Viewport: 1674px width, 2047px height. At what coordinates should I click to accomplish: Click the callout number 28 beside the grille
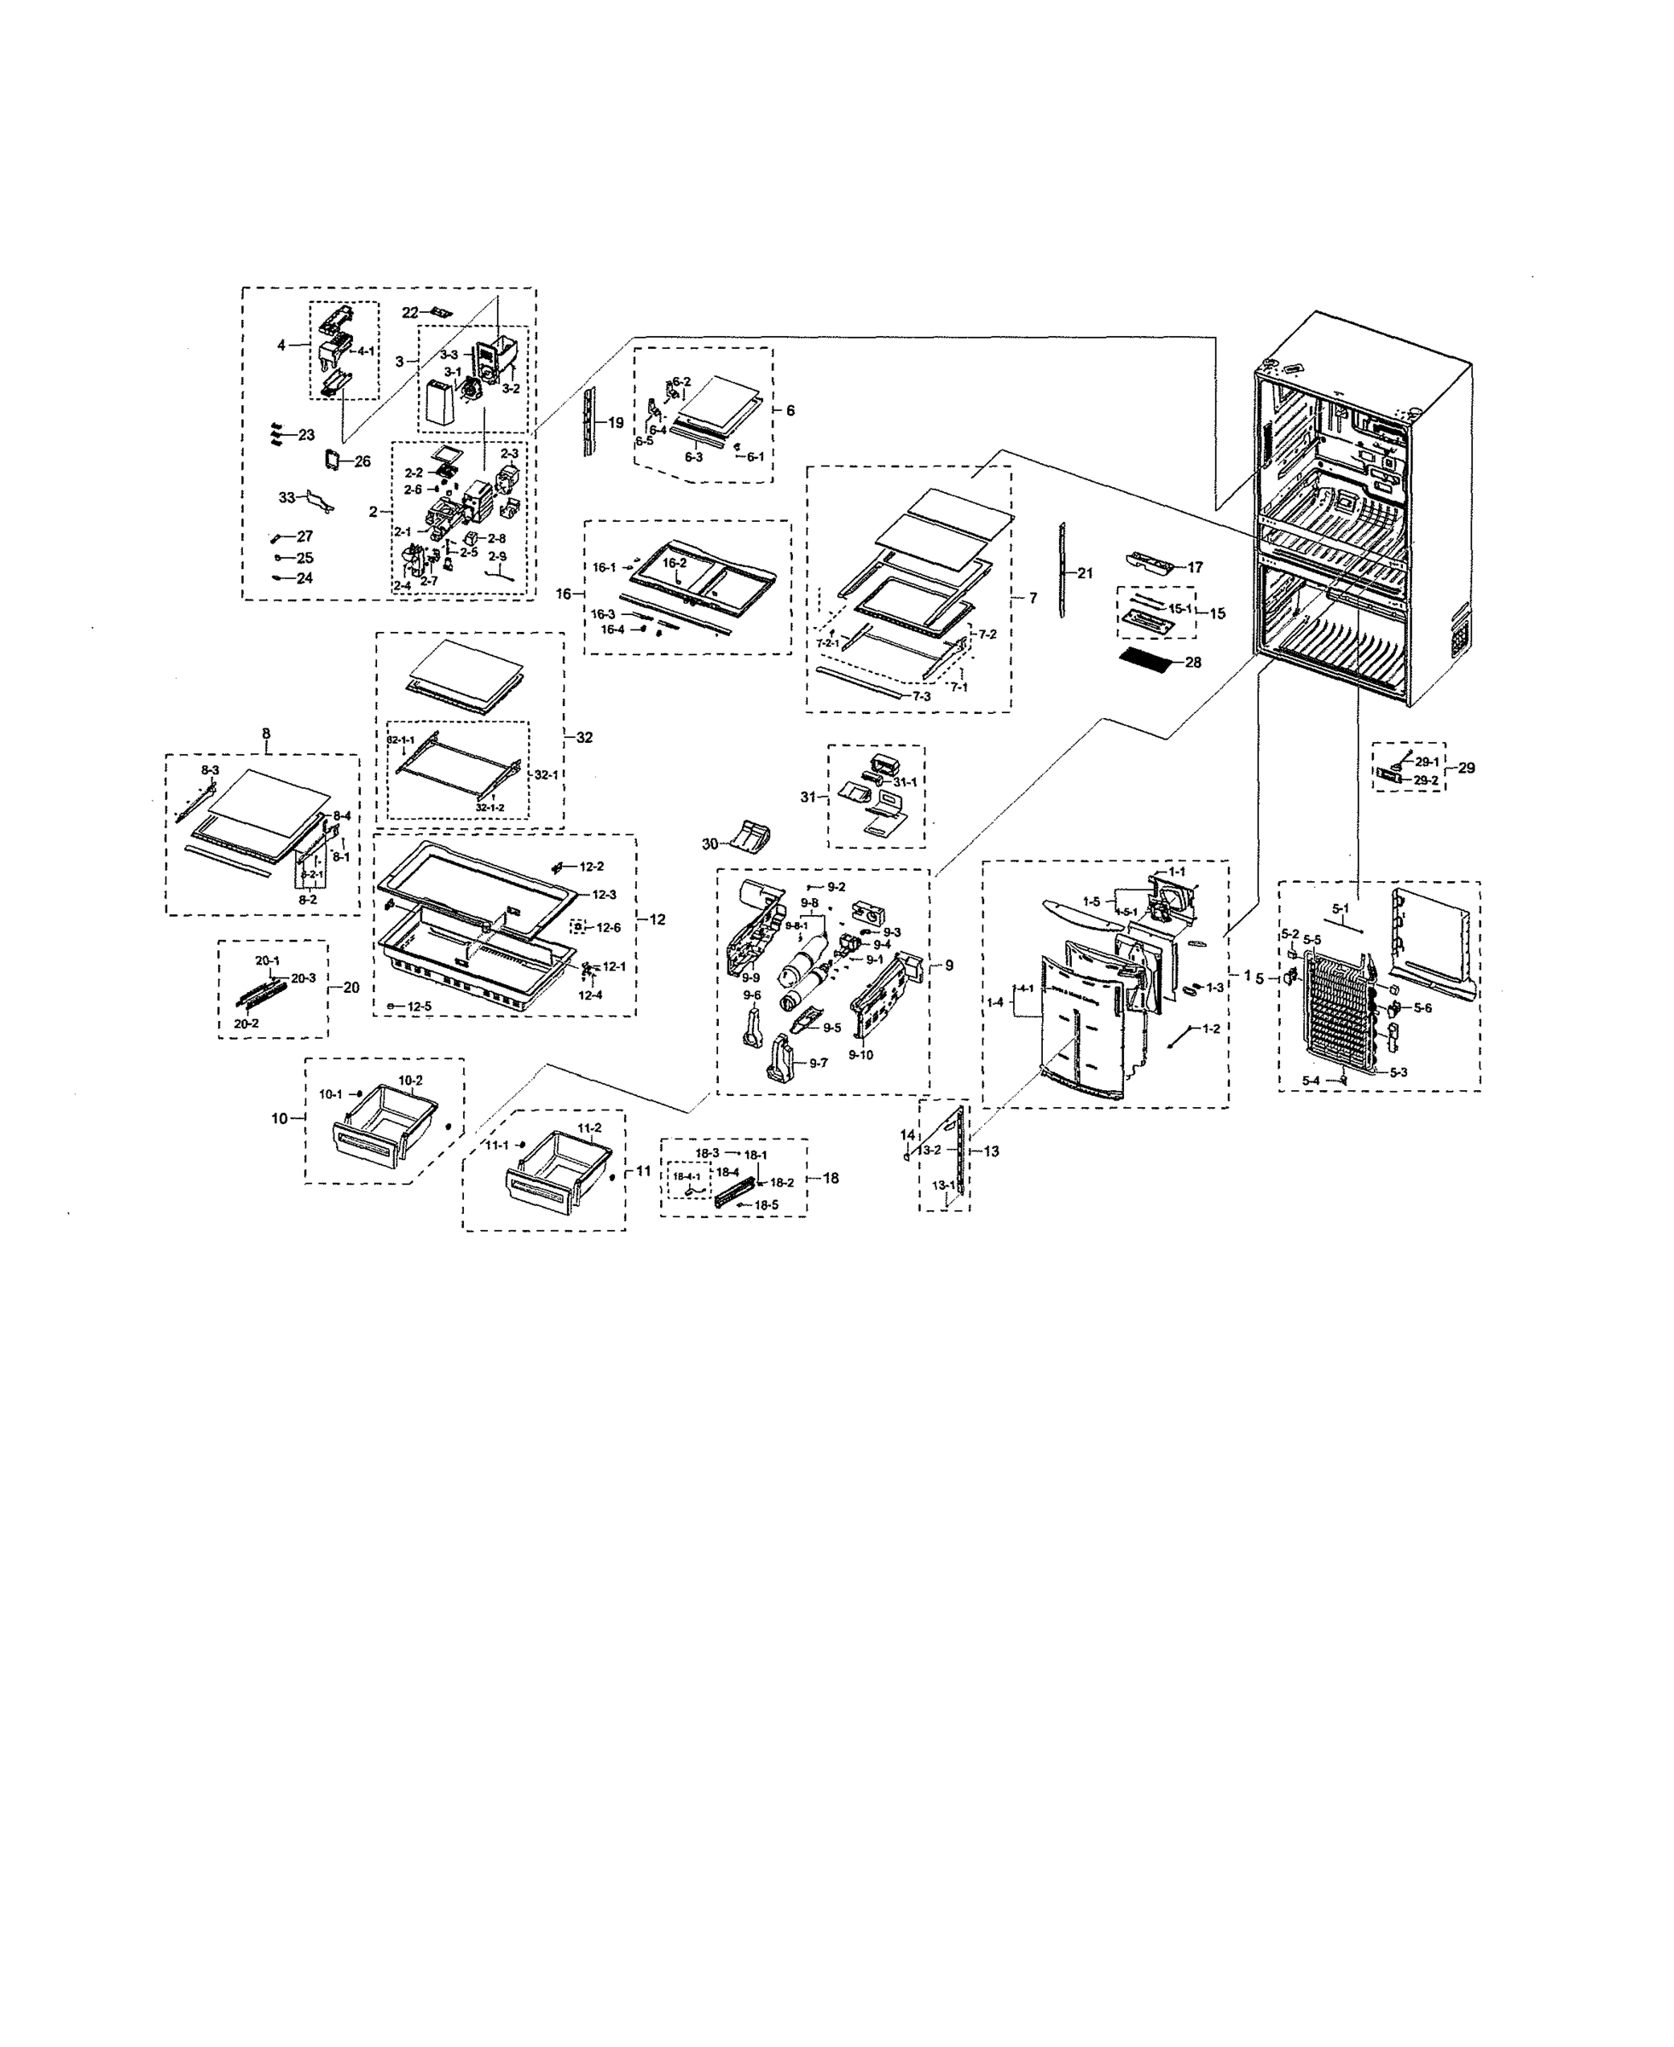[1193, 663]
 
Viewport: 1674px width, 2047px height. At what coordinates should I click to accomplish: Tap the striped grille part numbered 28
[1150, 659]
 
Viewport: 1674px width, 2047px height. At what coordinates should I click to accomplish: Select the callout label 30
[710, 844]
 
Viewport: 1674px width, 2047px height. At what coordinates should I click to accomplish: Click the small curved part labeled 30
[750, 836]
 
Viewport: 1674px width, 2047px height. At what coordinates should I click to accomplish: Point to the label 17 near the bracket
[1195, 567]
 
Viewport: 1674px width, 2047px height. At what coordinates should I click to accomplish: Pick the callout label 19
[615, 422]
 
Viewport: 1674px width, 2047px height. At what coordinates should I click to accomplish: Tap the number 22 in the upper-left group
[410, 312]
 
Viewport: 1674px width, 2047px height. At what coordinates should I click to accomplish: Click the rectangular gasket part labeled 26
[334, 460]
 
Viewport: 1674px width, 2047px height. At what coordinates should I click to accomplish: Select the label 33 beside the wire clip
[287, 497]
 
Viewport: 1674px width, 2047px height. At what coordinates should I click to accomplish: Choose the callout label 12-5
[419, 1006]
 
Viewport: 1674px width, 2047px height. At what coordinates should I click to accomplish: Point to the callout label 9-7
[818, 1063]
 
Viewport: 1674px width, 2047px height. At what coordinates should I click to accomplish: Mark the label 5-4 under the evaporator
[1311, 1081]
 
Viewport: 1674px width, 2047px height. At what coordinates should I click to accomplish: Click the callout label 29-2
[1426, 780]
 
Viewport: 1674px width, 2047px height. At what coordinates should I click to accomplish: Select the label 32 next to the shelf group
[584, 738]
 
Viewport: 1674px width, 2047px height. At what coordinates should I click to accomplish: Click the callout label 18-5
[766, 1204]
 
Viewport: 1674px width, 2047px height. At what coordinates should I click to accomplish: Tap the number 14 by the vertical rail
[907, 1135]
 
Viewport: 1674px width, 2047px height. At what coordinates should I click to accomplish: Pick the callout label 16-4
[612, 629]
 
